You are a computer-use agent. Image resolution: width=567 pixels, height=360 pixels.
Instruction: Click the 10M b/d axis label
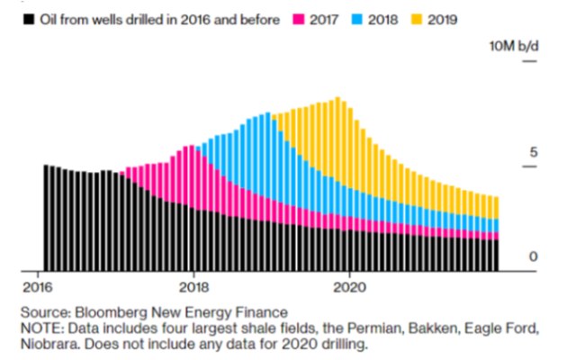pos(513,47)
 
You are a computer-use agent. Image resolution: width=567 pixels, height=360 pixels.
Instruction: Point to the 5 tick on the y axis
pos(531,152)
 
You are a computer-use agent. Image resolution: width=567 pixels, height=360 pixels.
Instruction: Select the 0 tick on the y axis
pos(532,257)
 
